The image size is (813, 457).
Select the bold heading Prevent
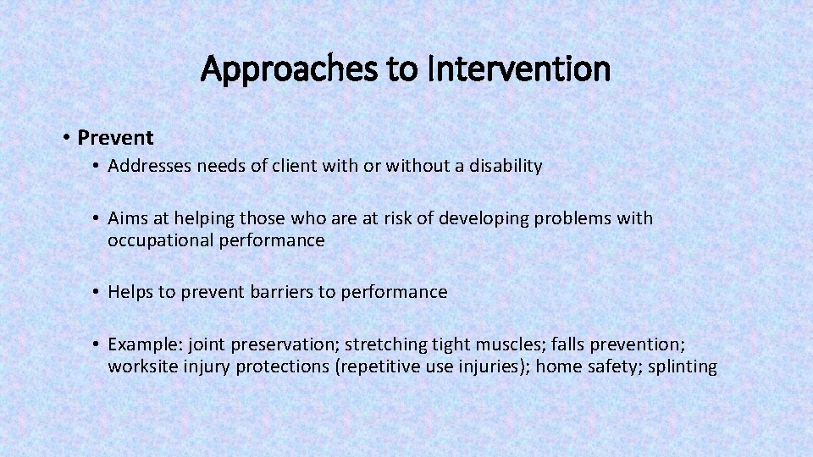(x=115, y=137)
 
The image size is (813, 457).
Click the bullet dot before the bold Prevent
(x=66, y=137)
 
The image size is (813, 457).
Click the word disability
(x=506, y=166)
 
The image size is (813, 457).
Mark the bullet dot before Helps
(x=98, y=292)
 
